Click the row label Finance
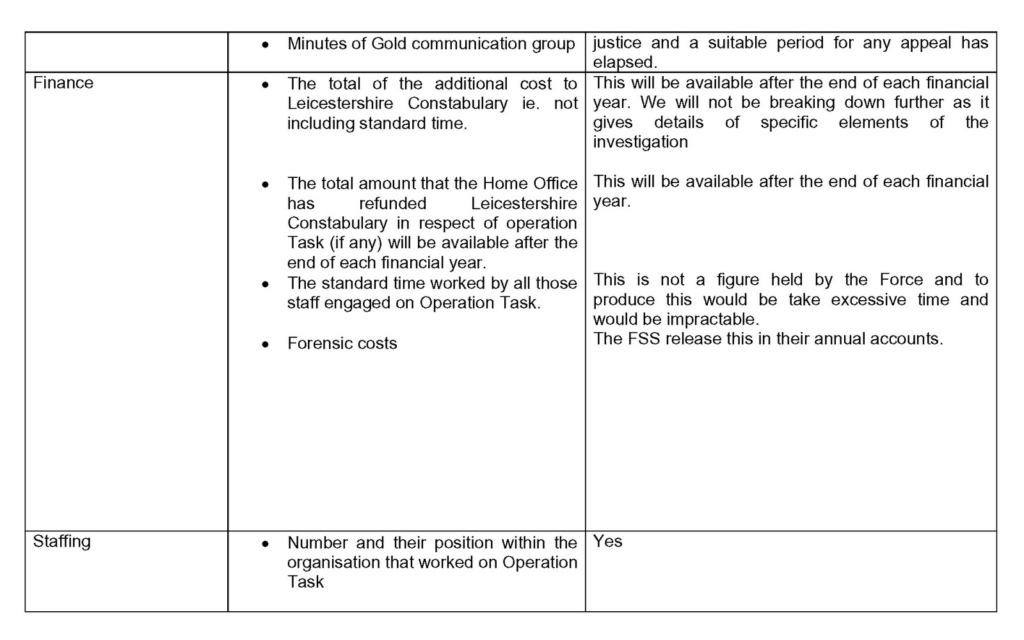tap(63, 83)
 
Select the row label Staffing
tap(61, 541)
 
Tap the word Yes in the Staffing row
tap(607, 541)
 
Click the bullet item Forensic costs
tap(342, 344)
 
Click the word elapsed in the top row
tap(623, 63)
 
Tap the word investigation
tap(640, 142)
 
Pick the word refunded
tap(392, 204)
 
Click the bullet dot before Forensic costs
tap(266, 345)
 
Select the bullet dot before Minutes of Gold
tap(266, 45)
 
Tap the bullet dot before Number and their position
tap(266, 544)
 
